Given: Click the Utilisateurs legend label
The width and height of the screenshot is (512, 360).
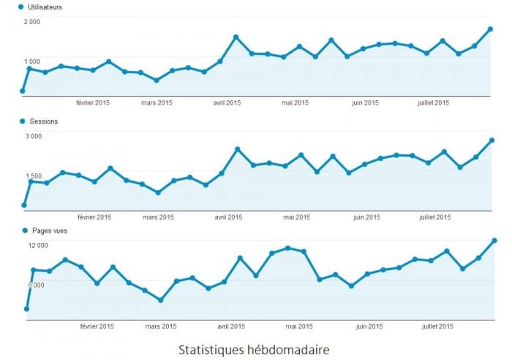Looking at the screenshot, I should pyautogui.click(x=44, y=7).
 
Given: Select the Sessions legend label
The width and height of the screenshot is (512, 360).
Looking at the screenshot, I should pyautogui.click(x=42, y=121).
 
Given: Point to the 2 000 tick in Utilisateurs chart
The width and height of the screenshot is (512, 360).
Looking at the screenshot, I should pyautogui.click(x=31, y=22).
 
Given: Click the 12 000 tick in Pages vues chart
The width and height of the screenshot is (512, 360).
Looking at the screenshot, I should pyautogui.click(x=37, y=246).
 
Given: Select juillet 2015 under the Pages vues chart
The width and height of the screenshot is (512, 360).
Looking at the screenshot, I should pyautogui.click(x=437, y=326).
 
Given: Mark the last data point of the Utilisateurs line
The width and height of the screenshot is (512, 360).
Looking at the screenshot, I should pyautogui.click(x=491, y=29).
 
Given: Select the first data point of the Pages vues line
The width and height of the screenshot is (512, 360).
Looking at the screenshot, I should pyautogui.click(x=26, y=309).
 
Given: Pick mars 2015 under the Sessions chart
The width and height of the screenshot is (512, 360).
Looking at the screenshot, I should pyautogui.click(x=158, y=217).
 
